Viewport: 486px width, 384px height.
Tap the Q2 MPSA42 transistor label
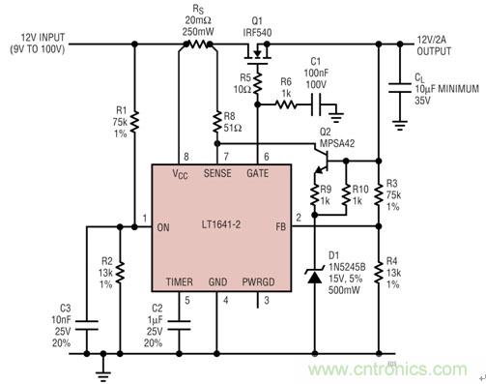tap(337, 141)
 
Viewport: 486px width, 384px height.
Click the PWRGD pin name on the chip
tap(259, 283)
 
